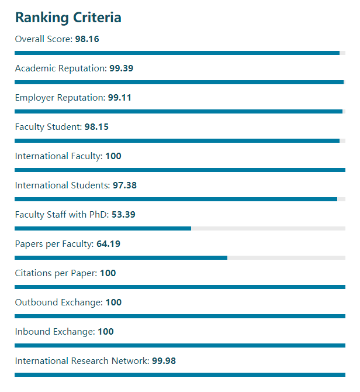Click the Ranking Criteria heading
click(68, 18)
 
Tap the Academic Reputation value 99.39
click(121, 68)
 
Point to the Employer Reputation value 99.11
click(120, 98)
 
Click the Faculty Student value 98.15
click(96, 127)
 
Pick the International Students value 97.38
click(124, 185)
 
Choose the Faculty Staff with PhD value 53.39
click(123, 215)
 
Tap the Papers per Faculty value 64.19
click(108, 244)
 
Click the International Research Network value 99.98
click(164, 361)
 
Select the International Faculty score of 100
click(113, 156)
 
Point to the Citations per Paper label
click(56, 273)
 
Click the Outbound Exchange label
click(58, 302)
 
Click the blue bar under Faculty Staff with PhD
click(103, 228)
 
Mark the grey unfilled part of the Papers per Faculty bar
click(286, 257)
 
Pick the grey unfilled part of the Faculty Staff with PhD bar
click(268, 228)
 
